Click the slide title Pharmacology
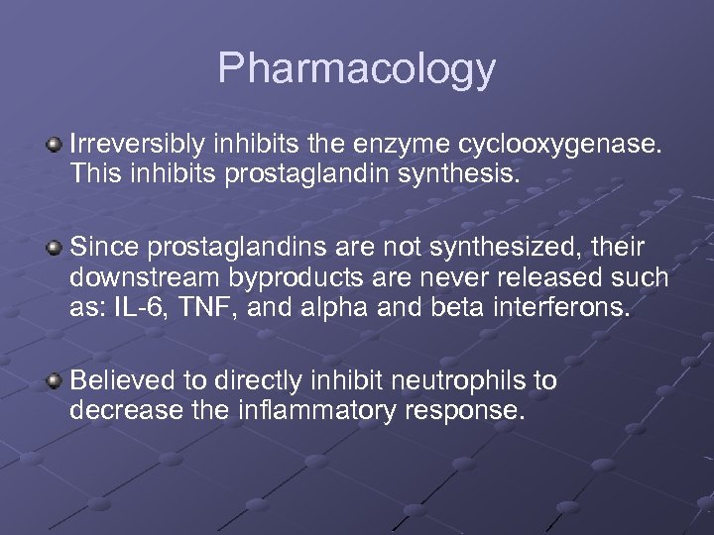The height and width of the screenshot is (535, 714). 356,69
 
